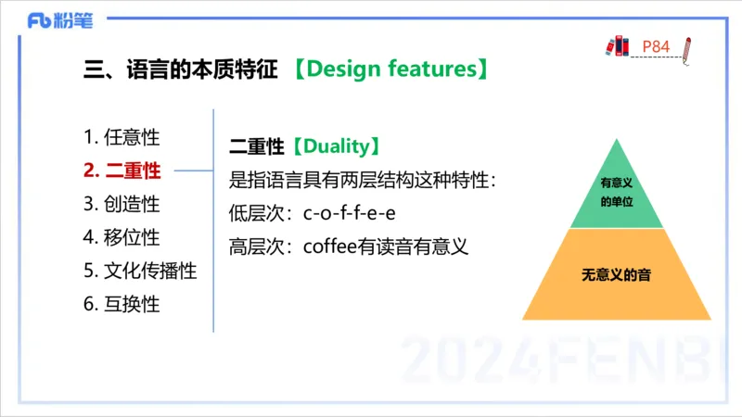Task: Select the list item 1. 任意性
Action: (x=122, y=137)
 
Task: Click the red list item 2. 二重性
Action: (x=122, y=171)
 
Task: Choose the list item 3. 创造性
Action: (x=122, y=204)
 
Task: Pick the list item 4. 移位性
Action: (x=122, y=237)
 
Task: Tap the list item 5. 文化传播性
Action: (x=140, y=271)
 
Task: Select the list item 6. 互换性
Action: (x=122, y=304)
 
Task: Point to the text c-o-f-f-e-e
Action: (x=350, y=213)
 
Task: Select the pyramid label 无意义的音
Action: (x=617, y=275)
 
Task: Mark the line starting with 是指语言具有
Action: (x=363, y=180)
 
